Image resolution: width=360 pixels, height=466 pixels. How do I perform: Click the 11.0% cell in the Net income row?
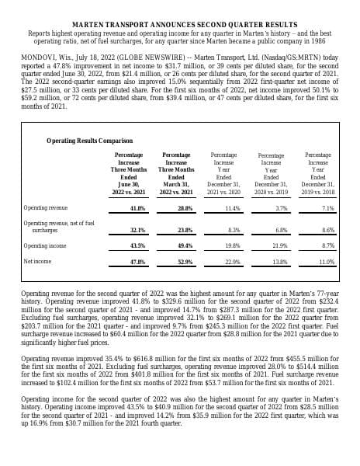coord(326,262)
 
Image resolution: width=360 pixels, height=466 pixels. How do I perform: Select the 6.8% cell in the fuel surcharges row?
coord(282,230)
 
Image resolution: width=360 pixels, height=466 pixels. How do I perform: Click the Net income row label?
coord(39,262)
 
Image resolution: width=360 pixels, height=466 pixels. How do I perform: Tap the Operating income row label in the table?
coord(45,245)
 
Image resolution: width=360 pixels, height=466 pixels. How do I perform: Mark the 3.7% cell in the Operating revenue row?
coord(282,209)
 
